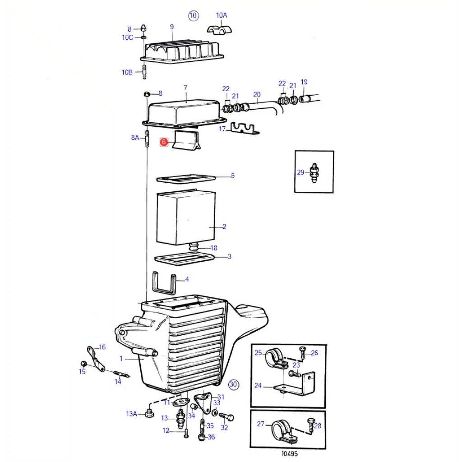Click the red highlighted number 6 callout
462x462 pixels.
(x=164, y=142)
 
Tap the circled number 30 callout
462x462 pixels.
(x=233, y=384)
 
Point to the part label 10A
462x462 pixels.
(x=222, y=15)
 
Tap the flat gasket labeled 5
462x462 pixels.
(x=185, y=179)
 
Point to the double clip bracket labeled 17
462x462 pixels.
(x=244, y=129)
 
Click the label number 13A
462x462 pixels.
(x=131, y=414)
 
